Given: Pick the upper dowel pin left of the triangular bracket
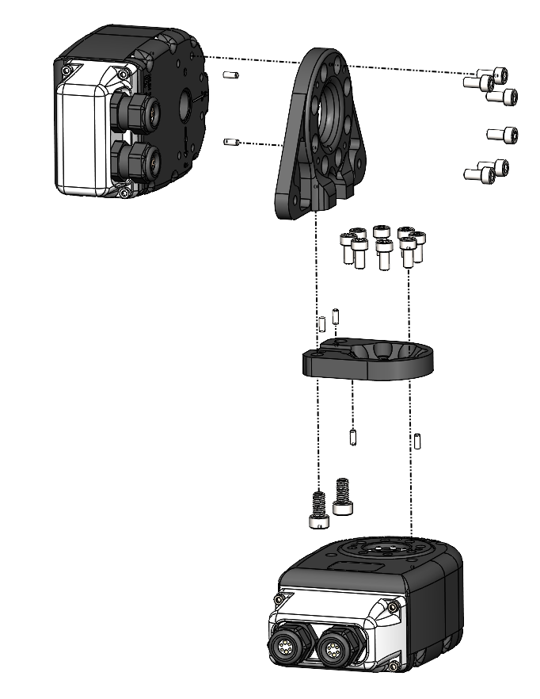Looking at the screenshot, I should (230, 76).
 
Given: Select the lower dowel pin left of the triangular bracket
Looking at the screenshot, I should (231, 143).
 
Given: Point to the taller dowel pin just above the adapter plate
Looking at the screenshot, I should (322, 324).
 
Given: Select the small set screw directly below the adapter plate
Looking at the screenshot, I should (352, 437).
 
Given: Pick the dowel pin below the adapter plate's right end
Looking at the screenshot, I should (417, 440).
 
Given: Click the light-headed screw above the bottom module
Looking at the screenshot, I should (318, 510).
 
